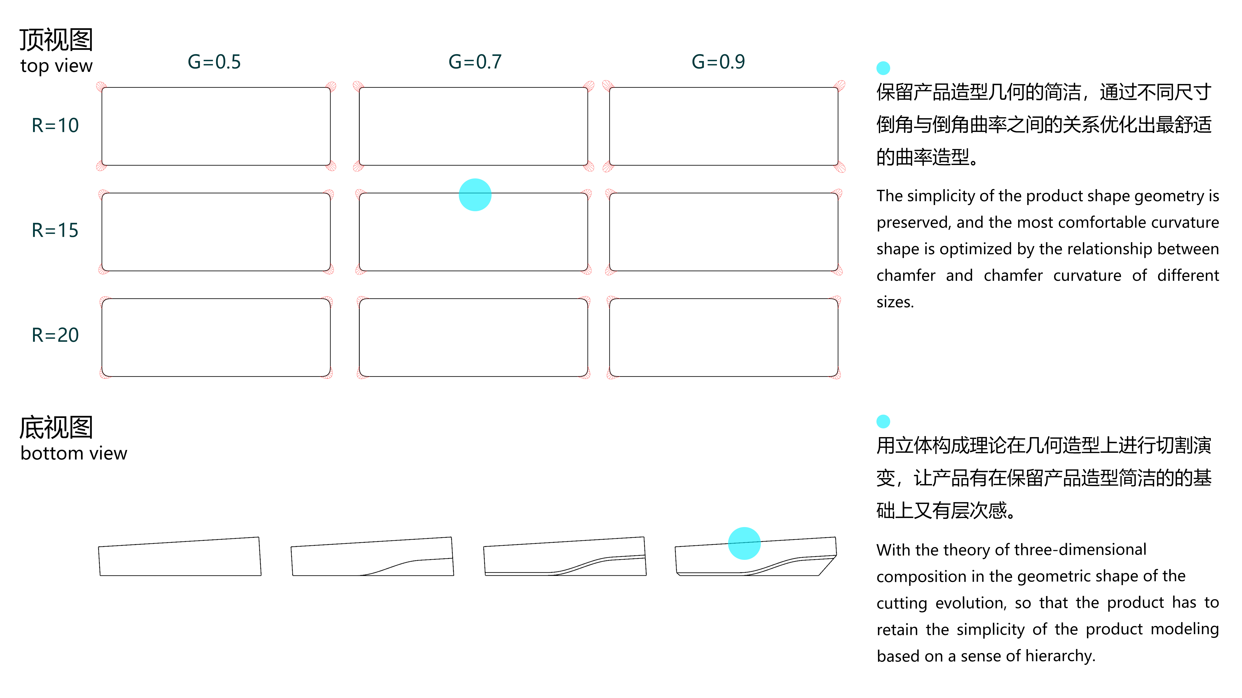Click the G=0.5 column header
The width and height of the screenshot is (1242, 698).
point(214,62)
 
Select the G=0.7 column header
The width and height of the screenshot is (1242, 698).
point(475,62)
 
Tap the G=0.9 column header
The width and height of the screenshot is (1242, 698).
point(718,62)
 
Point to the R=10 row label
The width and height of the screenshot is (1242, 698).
point(55,125)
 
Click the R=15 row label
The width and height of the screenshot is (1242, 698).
point(55,231)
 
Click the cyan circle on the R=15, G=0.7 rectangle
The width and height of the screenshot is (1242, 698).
point(475,195)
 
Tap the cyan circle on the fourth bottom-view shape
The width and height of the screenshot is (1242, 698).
point(744,543)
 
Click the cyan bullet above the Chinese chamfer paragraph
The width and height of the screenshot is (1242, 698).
point(883,68)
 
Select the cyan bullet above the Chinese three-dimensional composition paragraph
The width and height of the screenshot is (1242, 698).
point(883,422)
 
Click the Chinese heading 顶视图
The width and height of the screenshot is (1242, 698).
point(56,40)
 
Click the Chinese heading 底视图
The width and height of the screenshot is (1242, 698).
point(56,427)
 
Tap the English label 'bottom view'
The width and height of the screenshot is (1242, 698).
point(74,453)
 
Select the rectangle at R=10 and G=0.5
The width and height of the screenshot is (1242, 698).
point(216,126)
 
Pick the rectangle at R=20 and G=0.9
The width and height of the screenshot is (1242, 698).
point(723,338)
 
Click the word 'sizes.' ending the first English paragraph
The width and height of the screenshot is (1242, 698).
point(895,302)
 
